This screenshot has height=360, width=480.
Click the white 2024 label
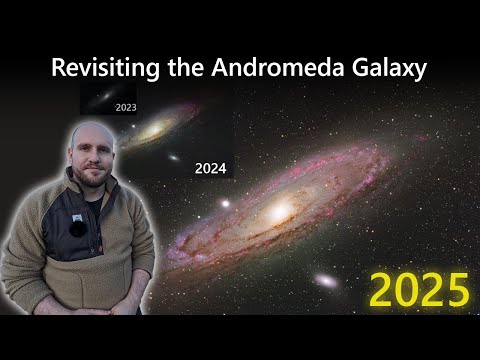211,169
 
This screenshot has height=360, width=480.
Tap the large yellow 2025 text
418,290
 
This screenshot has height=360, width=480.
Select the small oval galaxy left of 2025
326,281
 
